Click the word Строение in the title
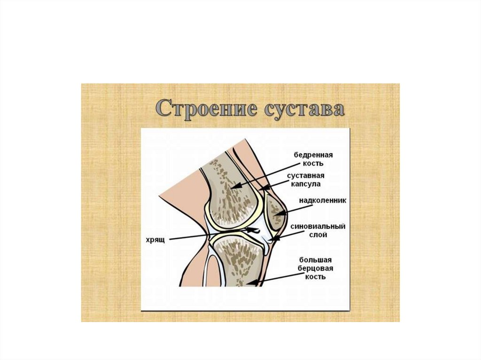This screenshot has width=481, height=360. tap(203, 108)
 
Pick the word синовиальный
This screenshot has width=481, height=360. tap(318, 227)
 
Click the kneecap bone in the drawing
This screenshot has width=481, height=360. tap(274, 211)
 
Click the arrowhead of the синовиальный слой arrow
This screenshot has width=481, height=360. tap(272, 240)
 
